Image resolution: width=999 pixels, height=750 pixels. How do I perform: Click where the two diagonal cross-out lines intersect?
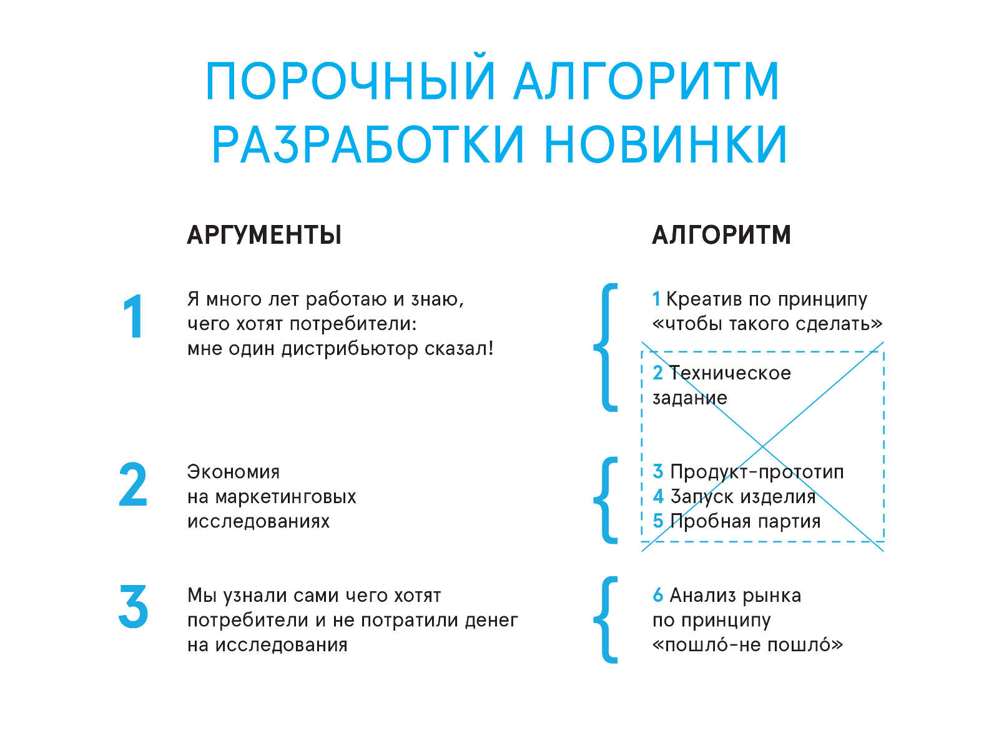point(762,447)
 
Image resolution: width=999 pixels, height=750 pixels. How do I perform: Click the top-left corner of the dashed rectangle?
point(642,351)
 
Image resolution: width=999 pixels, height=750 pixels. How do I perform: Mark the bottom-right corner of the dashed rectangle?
point(884,542)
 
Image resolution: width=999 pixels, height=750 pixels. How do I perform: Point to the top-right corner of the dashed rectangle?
point(884,351)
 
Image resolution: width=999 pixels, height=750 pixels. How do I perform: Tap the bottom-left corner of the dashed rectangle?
point(642,542)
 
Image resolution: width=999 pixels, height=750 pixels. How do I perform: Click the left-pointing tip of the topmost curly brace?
point(594,347)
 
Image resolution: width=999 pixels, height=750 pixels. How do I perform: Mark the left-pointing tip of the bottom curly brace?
point(594,620)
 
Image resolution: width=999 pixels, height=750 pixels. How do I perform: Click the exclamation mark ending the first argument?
point(491,348)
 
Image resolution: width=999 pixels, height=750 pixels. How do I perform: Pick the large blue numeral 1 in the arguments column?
point(134,316)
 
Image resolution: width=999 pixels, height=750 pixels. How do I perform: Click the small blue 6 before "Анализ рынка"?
point(657,595)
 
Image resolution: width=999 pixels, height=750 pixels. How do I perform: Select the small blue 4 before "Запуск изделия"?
point(658,496)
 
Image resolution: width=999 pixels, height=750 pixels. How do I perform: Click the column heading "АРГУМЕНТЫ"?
point(264,235)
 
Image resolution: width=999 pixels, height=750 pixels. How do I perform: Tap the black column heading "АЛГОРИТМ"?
point(721,235)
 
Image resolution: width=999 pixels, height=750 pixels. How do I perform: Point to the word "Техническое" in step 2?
point(730,373)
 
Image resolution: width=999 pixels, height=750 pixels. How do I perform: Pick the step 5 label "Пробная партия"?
point(745,521)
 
